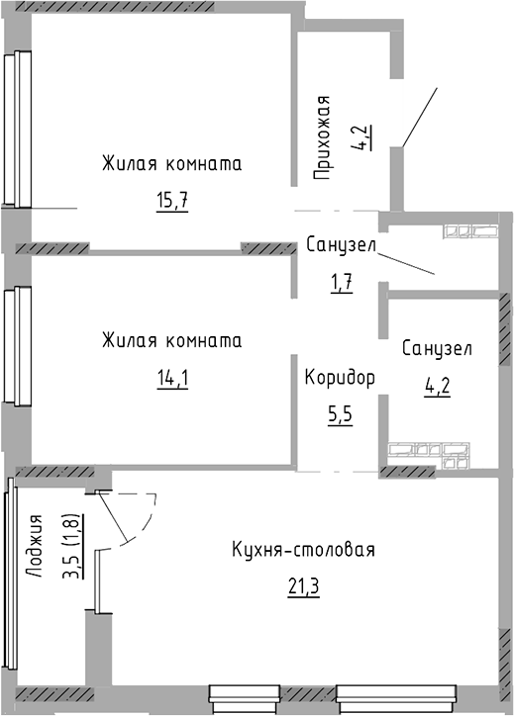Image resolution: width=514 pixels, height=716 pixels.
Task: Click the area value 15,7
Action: [171, 201]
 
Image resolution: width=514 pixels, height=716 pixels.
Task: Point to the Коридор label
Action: [340, 378]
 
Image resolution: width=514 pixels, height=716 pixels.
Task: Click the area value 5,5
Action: [340, 414]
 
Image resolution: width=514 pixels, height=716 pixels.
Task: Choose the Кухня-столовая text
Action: [304, 551]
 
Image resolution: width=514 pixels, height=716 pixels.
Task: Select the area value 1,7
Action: [341, 282]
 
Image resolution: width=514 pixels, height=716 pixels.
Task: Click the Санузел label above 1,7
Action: [341, 245]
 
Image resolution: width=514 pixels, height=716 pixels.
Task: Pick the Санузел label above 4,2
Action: [437, 349]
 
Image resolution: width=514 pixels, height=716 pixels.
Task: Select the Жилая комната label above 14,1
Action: [171, 340]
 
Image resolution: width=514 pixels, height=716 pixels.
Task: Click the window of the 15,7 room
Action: [14, 129]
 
